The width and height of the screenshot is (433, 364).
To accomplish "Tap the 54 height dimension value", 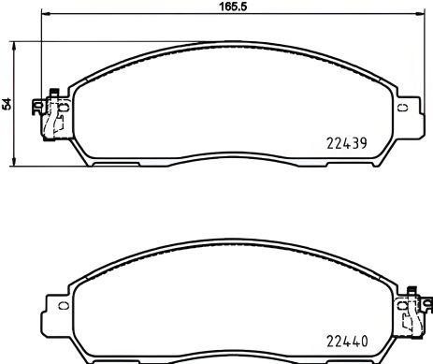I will [7, 105].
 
